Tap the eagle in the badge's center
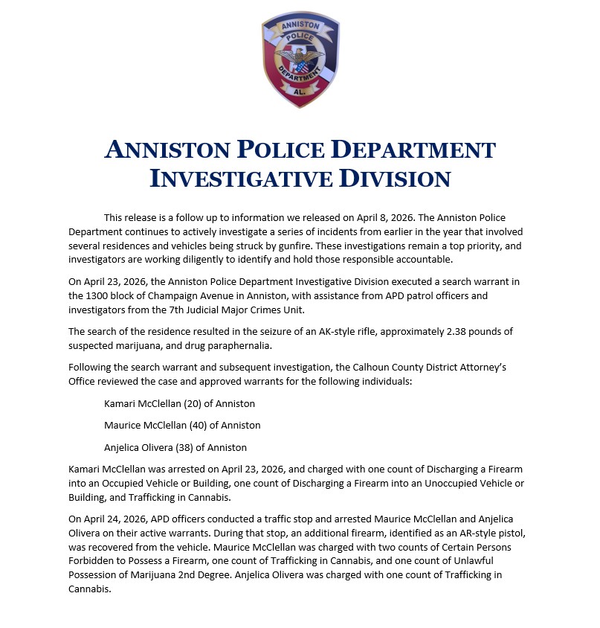tap(300, 59)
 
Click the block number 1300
tap(101, 295)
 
